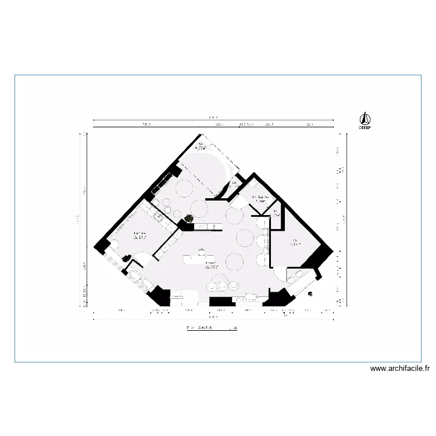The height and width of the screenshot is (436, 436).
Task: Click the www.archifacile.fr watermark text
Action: (x=399, y=369)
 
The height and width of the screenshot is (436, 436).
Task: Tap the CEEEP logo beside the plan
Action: (x=364, y=120)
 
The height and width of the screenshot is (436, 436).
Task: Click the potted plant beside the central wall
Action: (x=188, y=219)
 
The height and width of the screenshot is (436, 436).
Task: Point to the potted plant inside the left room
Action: (x=126, y=258)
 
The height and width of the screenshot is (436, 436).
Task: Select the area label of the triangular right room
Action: (x=295, y=242)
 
